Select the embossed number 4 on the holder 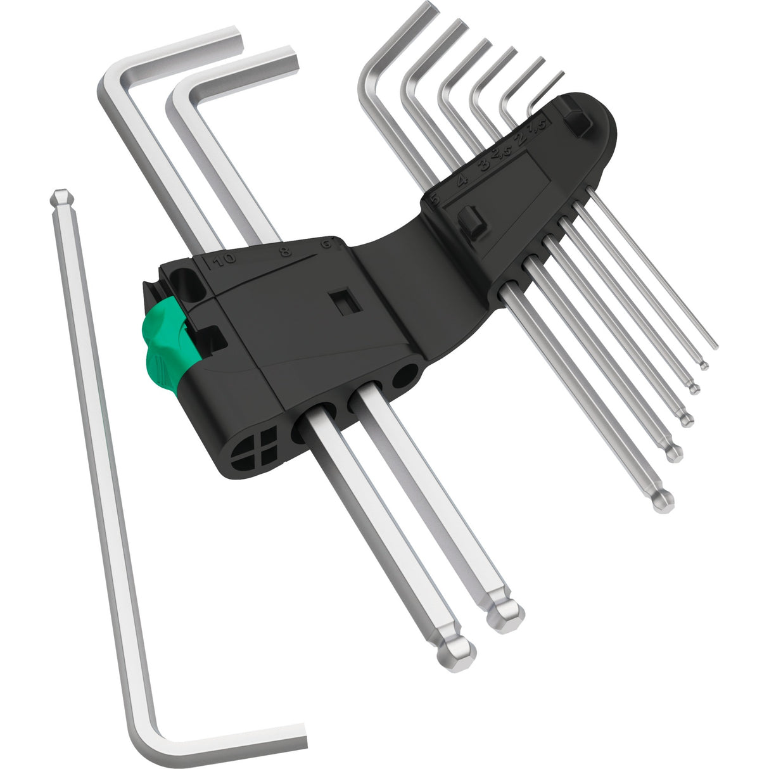pos(463,179)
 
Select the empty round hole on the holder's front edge pos(403,379)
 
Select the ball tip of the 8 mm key pos(508,614)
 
